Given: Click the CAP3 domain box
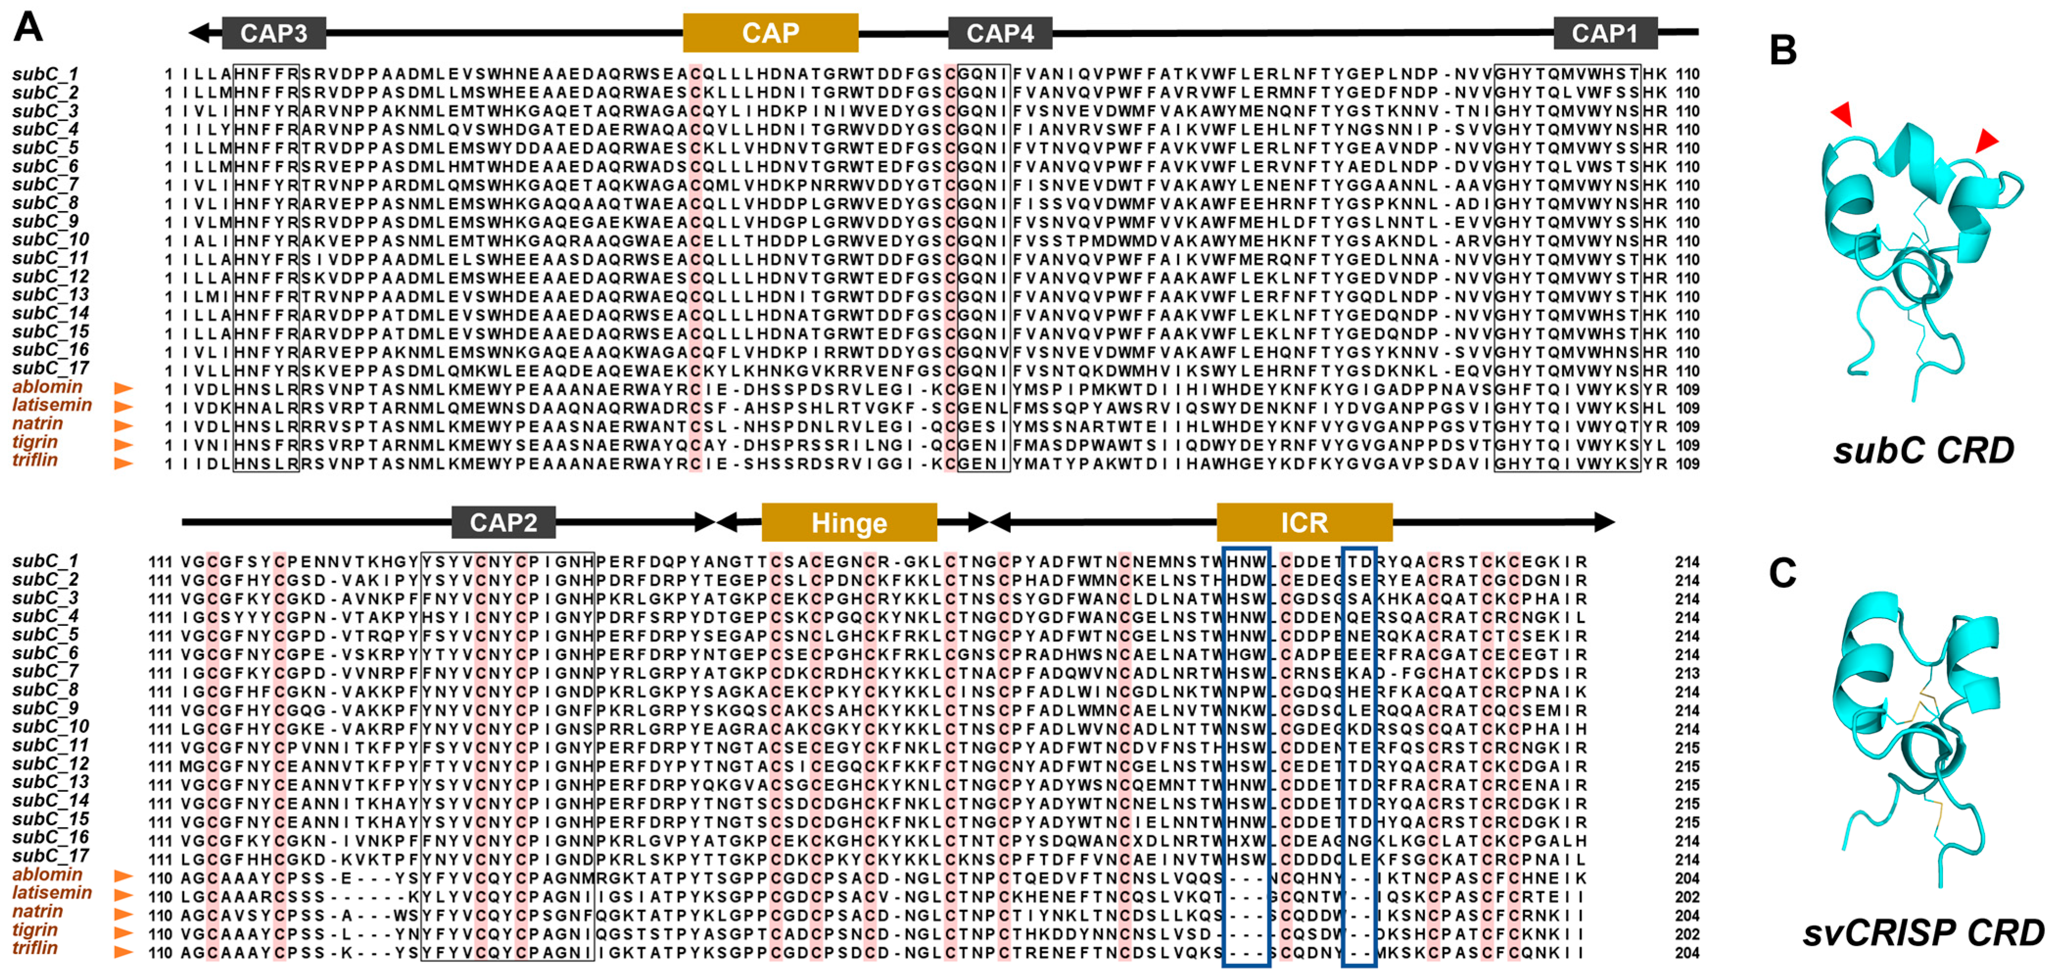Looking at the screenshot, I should pos(274,33).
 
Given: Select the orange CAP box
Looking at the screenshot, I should pos(770,33).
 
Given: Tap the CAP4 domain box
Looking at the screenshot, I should pos(1000,33).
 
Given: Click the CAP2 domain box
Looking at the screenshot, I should pos(503,523).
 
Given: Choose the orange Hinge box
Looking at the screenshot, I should pos(849,523).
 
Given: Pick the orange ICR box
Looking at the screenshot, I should pos(1305,523).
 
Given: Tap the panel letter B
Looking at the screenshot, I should pos(1783,50).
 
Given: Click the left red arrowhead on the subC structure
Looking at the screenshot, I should pos(1843,114).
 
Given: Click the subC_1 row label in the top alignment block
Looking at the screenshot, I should pos(46,74).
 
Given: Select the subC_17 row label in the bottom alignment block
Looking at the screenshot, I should pos(50,857).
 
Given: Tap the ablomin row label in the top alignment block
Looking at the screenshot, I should pos(47,387).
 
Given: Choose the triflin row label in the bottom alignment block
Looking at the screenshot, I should pos(35,948).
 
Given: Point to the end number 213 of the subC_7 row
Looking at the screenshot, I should pos(1686,673).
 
